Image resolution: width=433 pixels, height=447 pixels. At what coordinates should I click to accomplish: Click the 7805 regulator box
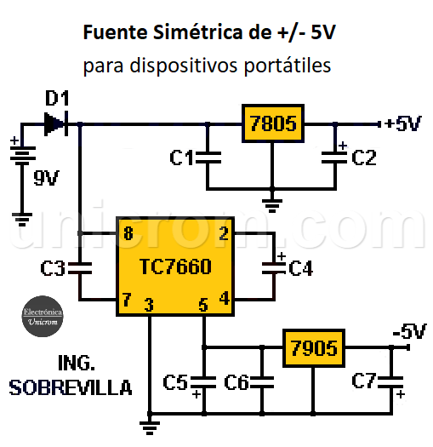click(x=272, y=124)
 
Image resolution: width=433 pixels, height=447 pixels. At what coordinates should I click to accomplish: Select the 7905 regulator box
click(x=312, y=347)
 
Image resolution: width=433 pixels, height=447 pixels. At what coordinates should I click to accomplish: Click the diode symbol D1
click(x=56, y=123)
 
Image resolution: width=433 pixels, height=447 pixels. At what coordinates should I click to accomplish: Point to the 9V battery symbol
click(x=23, y=158)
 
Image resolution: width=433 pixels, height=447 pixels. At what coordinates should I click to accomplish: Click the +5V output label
click(x=402, y=124)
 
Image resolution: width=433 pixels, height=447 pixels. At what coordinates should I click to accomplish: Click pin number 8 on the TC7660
click(x=128, y=233)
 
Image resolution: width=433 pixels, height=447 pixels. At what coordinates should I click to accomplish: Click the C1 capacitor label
click(x=181, y=158)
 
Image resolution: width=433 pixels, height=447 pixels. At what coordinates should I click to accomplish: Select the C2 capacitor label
click(x=363, y=158)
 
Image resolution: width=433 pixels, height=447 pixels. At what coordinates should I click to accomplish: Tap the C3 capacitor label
click(x=54, y=269)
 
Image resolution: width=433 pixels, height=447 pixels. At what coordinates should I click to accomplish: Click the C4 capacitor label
click(x=300, y=269)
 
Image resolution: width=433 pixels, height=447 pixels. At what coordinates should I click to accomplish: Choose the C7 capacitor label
click(x=364, y=382)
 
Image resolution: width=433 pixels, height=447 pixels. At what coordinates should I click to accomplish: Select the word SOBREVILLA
click(x=71, y=388)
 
